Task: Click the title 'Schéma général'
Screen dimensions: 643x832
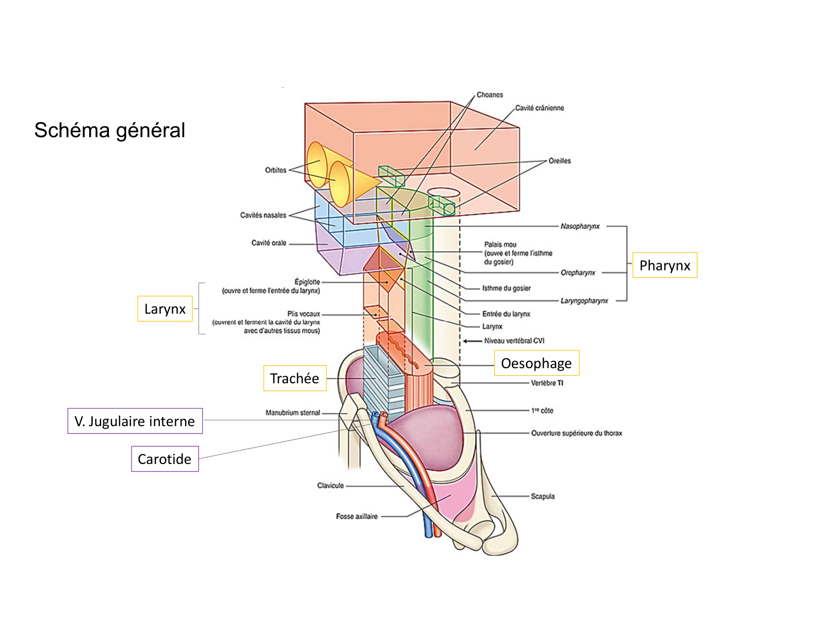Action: click(109, 130)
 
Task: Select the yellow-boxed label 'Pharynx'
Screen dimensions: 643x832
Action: click(665, 265)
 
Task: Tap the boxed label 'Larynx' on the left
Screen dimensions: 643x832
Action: click(165, 309)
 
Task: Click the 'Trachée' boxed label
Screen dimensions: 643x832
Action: click(294, 378)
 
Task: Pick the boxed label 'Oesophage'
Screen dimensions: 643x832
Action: click(536, 363)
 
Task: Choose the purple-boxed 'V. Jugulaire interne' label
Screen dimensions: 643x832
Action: click(135, 421)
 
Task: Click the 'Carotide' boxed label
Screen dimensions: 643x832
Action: click(164, 459)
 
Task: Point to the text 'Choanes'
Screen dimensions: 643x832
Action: click(490, 95)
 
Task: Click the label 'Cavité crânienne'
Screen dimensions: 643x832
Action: click(539, 108)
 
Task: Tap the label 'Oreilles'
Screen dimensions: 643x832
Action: click(559, 161)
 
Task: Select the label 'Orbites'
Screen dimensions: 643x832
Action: click(275, 170)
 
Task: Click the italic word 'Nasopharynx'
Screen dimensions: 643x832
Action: click(580, 226)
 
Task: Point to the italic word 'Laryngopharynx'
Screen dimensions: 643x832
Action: click(584, 301)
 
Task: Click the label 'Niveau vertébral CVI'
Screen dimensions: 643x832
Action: click(514, 341)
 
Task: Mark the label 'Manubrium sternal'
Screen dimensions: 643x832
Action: click(292, 413)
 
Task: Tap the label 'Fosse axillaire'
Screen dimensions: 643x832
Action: click(356, 516)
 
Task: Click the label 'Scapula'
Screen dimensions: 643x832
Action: click(543, 496)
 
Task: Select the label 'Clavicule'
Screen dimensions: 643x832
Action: click(330, 486)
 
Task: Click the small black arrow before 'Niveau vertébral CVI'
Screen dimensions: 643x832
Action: click(472, 341)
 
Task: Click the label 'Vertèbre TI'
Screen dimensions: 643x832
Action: click(547, 383)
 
